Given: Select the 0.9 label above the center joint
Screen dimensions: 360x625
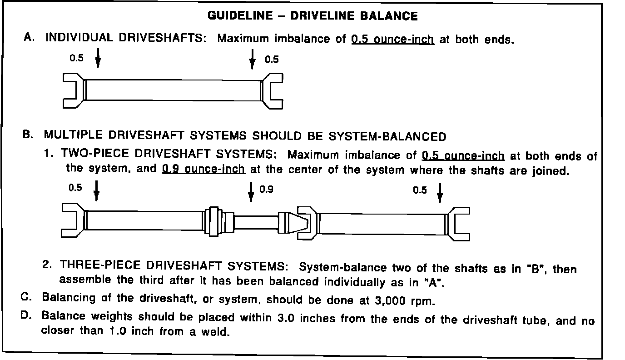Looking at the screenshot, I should click(x=266, y=189).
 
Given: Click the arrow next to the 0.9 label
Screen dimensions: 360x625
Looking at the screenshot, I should click(x=251, y=192).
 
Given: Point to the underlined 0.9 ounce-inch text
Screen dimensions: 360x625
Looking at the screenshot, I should click(x=203, y=170).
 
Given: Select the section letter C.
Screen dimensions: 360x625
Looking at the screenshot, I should click(x=26, y=299).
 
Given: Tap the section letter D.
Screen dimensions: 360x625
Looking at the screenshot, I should click(x=26, y=316).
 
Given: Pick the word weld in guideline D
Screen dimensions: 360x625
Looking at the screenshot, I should click(x=215, y=332).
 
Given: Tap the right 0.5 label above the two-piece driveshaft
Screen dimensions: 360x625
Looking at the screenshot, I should click(x=420, y=190).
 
